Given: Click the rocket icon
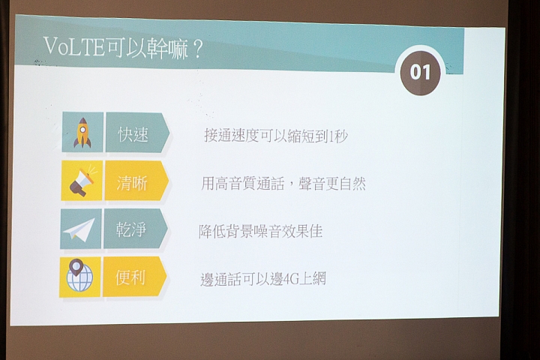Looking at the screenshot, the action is [x=82, y=133].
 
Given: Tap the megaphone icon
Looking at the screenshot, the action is [x=82, y=181].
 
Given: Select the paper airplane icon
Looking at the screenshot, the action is [x=79, y=229].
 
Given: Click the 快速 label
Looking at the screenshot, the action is [x=133, y=134].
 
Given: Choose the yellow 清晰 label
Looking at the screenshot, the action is [x=132, y=182].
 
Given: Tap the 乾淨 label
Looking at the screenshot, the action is [x=130, y=229].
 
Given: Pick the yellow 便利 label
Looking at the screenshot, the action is [x=130, y=277].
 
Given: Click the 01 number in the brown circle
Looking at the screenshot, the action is [x=421, y=72].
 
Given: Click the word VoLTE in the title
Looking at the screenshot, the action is [x=74, y=46].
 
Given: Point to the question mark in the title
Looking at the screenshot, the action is [x=197, y=50].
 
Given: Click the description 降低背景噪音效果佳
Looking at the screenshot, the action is [x=261, y=232].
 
